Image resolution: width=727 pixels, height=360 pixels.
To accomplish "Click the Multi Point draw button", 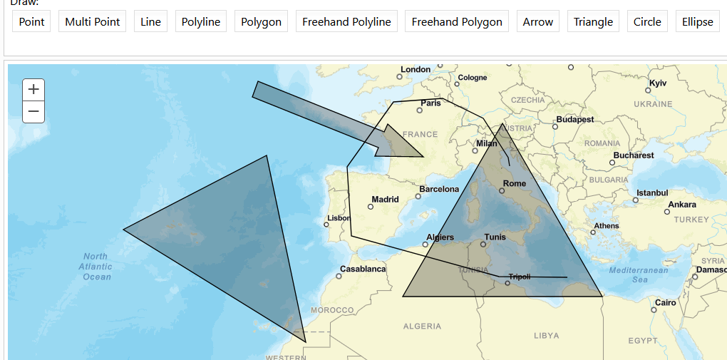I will (x=93, y=21).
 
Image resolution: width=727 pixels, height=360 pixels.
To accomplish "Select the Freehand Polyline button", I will (x=346, y=21).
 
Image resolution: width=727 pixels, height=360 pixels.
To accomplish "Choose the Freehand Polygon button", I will (x=457, y=21).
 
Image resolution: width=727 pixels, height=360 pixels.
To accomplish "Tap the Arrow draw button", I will (x=538, y=21).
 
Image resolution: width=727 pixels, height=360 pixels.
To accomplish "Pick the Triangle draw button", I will (x=593, y=21).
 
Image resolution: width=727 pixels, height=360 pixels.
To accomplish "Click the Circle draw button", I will (x=647, y=21).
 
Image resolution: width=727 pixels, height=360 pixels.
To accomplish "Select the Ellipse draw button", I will (x=697, y=21).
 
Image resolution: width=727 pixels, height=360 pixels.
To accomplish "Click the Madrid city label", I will (x=385, y=200).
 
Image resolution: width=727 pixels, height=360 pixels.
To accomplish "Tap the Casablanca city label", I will (x=363, y=269).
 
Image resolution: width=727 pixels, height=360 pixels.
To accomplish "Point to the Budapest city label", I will (x=575, y=119).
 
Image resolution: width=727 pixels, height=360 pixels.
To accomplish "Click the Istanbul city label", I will (x=652, y=192).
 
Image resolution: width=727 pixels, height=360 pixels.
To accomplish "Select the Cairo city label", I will (x=665, y=302).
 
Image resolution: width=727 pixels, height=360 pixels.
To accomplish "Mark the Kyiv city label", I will (x=658, y=83).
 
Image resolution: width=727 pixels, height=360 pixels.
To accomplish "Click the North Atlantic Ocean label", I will (x=96, y=267).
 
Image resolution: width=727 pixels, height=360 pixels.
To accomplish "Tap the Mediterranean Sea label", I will (x=639, y=274).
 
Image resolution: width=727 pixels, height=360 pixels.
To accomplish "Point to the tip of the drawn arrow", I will (x=424, y=156).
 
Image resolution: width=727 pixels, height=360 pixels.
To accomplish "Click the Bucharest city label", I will (x=634, y=155).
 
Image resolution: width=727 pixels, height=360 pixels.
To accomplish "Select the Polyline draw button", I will (x=201, y=21).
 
